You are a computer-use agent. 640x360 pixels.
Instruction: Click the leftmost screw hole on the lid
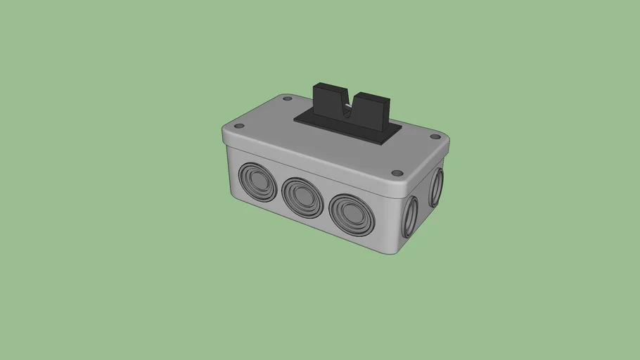coord(238,126)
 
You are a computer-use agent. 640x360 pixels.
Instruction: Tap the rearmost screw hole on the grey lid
coord(287,99)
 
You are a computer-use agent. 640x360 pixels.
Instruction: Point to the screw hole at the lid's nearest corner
coord(396,172)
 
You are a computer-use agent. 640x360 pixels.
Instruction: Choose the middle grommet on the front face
coord(302,196)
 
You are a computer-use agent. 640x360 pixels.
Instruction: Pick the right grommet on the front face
coord(350,213)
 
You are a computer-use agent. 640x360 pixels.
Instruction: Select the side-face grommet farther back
coord(436,186)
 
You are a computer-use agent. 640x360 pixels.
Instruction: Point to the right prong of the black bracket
coord(371,109)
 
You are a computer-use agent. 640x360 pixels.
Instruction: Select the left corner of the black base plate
coord(294,120)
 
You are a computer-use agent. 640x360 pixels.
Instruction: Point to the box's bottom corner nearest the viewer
coord(398,254)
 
